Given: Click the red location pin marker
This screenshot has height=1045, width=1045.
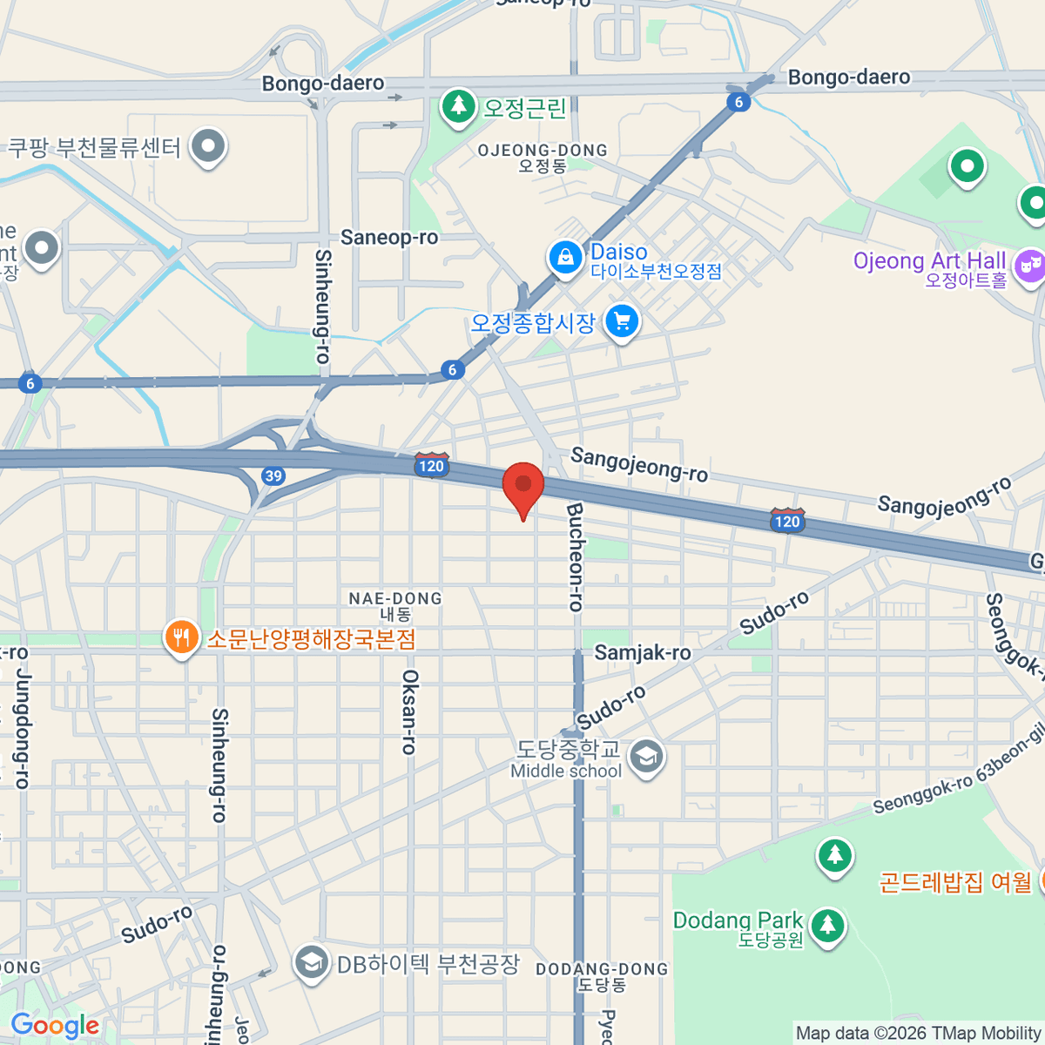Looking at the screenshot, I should (523, 487).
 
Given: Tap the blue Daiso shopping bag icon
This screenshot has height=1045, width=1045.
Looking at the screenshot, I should (565, 258).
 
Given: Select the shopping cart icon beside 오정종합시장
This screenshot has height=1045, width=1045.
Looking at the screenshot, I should (622, 322).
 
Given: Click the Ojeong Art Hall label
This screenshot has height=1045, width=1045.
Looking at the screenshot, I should (929, 261).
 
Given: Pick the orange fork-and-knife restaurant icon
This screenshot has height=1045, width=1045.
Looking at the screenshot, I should (181, 638).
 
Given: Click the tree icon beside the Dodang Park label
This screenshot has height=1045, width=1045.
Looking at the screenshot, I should (827, 925).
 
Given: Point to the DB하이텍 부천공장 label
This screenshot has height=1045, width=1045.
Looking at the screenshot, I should (428, 964).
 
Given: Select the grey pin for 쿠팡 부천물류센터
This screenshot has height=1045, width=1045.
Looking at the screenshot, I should (208, 147).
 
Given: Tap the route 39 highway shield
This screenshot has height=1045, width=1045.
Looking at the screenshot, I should (273, 475).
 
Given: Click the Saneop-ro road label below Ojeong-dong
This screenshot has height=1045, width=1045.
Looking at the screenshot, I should (389, 237).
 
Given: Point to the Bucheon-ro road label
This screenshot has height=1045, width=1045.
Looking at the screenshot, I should (575, 557).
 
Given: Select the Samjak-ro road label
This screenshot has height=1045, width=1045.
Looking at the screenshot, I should (643, 652).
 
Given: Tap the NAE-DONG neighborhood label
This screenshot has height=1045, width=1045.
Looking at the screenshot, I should (395, 598).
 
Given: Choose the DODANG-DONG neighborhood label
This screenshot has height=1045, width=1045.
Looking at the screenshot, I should (602, 969).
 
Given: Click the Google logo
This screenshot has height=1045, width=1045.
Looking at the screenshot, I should (55, 1026).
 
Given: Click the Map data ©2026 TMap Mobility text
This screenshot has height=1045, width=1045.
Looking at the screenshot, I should (918, 1034).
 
